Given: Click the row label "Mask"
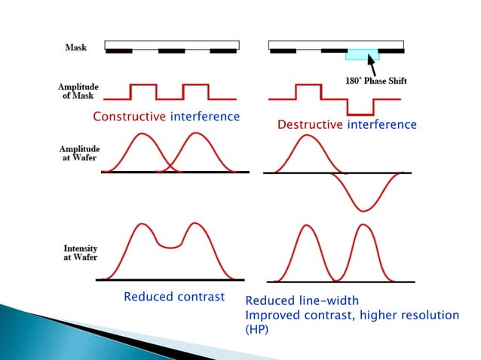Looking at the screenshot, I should [75, 47].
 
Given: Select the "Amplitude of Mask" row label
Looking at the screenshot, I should [78, 92].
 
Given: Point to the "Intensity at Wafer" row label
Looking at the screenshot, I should [78, 253].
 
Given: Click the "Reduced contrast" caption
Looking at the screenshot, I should [174, 297].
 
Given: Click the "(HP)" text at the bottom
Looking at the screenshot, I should [257, 330].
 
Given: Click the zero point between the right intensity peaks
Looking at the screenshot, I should [335, 279].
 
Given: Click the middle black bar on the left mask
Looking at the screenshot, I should [171, 51].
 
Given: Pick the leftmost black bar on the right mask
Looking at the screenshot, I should [283, 51].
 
